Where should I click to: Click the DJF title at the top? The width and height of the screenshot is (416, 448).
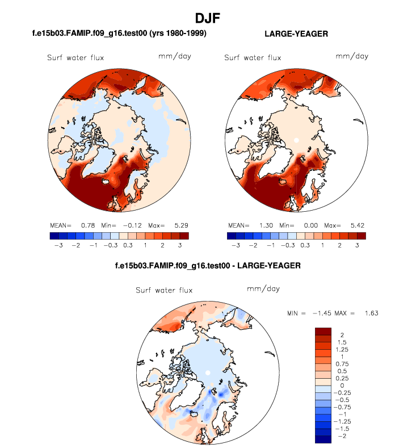pyautogui.click(x=208, y=18)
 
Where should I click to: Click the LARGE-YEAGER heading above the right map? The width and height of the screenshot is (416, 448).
pyautogui.click(x=296, y=34)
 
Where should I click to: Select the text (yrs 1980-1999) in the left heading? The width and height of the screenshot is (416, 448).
pyautogui.click(x=176, y=34)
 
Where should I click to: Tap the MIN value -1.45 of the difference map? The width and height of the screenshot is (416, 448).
pyautogui.click(x=322, y=313)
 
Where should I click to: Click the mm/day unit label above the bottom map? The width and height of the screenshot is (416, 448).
pyautogui.click(x=263, y=289)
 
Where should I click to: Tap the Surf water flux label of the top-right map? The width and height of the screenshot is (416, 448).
pyautogui.click(x=253, y=57)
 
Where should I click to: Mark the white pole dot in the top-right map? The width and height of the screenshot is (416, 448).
pyautogui.click(x=296, y=139)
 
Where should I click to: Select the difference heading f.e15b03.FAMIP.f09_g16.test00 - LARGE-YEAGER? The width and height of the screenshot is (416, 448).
pyautogui.click(x=208, y=266)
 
